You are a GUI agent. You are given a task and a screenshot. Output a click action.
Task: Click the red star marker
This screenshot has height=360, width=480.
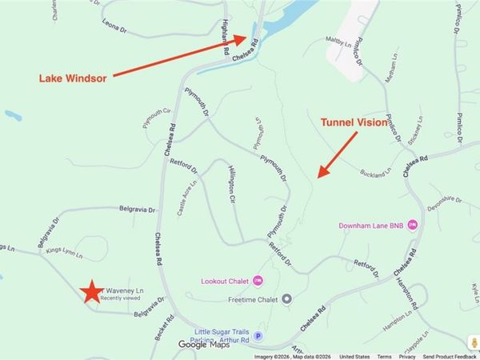pos(93,292)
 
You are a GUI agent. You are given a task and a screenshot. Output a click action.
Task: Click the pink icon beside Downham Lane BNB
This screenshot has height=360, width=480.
pos(413,224)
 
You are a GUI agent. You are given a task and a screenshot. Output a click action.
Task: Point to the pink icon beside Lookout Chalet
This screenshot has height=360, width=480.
pos(258,280)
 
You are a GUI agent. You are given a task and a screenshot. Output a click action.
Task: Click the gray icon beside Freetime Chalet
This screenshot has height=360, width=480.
pos(287,299)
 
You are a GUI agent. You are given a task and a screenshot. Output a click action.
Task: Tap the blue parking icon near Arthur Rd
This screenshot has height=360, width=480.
pos(258,336)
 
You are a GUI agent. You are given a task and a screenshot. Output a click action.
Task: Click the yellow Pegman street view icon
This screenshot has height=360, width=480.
pos(474,342)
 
